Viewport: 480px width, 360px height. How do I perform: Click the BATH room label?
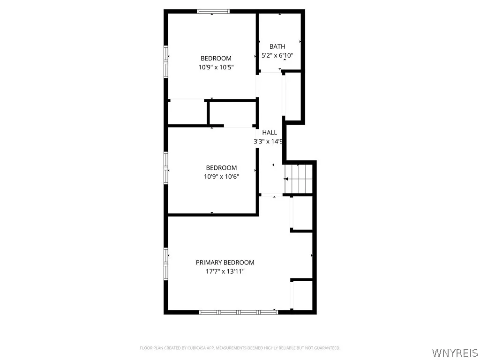tap(277, 46)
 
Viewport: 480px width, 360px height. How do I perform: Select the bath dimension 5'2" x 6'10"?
tap(277, 55)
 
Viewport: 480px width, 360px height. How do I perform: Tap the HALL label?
tap(270, 133)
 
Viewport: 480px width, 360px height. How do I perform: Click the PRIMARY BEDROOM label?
tap(225, 262)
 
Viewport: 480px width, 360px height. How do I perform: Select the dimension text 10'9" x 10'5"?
tap(216, 67)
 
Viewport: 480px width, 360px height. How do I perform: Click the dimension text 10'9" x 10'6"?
tap(221, 177)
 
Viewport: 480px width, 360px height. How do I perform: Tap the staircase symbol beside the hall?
tap(298, 179)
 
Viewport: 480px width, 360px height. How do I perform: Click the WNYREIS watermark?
tap(455, 352)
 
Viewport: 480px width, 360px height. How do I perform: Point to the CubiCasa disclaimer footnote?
tap(240, 348)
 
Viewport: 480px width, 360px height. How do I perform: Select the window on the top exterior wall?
tap(213, 11)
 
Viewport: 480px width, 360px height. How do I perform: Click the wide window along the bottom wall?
tap(238, 312)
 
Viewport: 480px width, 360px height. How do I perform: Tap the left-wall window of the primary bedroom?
tap(165, 263)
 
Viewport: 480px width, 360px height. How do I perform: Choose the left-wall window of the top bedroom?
tap(165, 61)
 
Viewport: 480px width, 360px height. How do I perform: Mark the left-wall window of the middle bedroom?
tap(165, 167)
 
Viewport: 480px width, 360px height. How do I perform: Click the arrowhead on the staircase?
tap(286, 179)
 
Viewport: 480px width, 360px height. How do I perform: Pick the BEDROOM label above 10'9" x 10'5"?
tap(216, 59)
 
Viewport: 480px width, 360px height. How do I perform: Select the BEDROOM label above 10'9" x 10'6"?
tap(221, 168)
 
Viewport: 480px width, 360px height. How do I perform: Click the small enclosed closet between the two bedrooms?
tap(232, 113)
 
